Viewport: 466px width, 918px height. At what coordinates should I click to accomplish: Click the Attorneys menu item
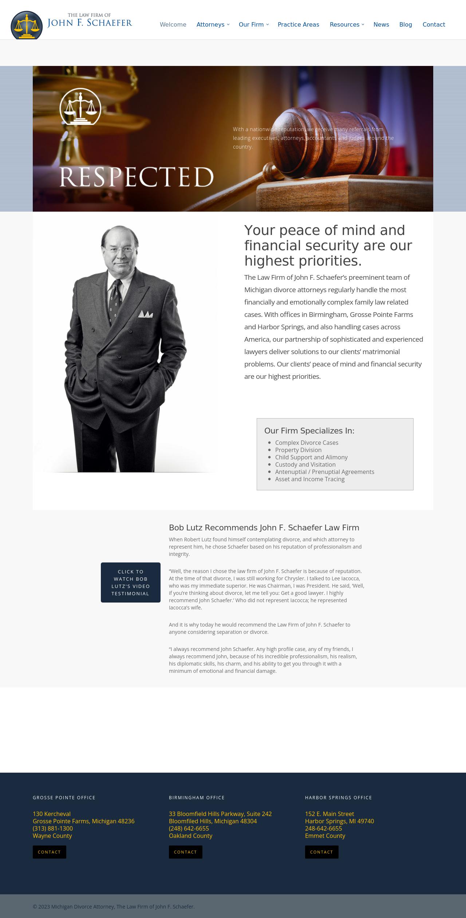pos(210,24)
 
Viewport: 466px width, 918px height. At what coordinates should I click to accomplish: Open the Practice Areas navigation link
pos(298,24)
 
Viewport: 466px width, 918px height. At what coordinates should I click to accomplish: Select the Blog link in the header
pos(406,24)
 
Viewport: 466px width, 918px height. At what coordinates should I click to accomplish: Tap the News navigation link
pos(381,24)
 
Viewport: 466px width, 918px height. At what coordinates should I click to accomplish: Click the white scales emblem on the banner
pos(80,107)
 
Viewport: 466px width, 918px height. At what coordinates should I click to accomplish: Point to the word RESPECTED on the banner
pos(136,177)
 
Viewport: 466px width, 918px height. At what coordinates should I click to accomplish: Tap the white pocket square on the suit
pos(145,314)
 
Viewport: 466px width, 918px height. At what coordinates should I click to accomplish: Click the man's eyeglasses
pos(119,250)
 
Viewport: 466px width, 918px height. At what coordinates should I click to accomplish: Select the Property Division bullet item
pos(298,450)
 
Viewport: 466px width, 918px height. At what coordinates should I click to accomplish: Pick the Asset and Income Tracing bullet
pos(309,479)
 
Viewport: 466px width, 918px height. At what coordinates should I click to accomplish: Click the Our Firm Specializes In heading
pos(309,431)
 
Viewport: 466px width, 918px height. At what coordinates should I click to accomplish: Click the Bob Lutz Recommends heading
pos(264,527)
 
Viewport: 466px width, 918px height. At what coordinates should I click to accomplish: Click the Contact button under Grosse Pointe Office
pos(50,852)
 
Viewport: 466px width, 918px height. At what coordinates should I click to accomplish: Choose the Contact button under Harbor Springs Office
pos(321,852)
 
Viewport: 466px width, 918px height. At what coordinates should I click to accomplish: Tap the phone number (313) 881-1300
pos(53,828)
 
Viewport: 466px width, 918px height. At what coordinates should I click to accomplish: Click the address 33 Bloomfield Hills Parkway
pos(220,814)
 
